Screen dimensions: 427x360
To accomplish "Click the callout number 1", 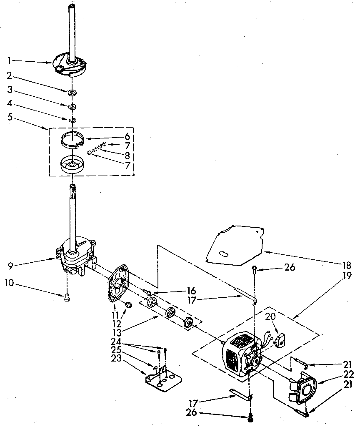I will point(9,60).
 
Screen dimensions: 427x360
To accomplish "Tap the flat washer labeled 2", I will point(72,91).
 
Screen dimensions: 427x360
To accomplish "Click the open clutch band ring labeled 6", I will point(71,139).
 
